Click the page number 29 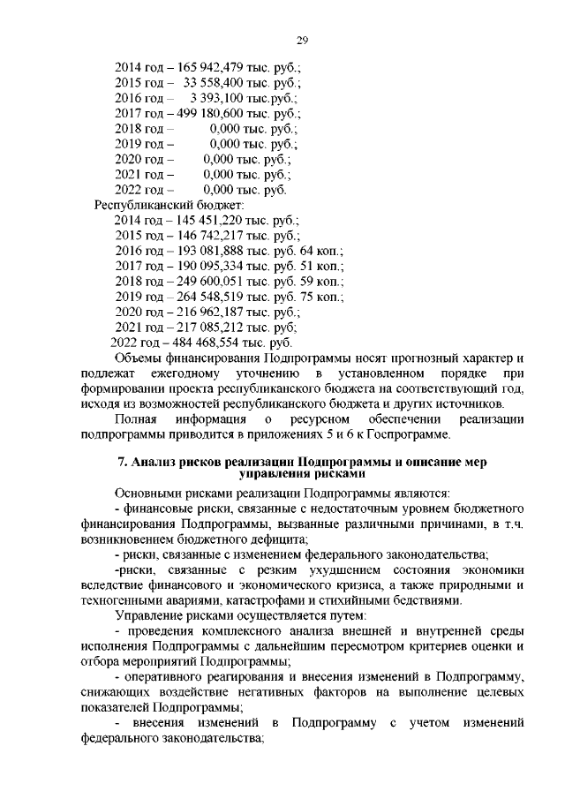coord(300,40)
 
